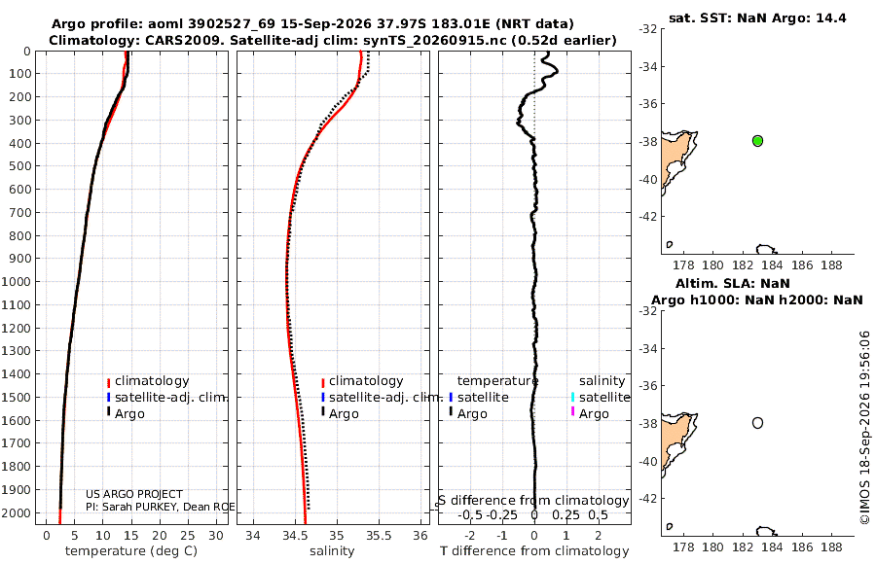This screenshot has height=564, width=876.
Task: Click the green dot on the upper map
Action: click(x=757, y=141)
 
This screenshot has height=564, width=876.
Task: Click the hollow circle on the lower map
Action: click(x=757, y=423)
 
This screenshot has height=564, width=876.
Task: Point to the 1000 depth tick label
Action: click(x=16, y=281)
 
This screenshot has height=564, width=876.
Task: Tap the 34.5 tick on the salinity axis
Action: click(x=294, y=536)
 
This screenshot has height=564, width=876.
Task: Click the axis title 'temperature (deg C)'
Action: click(x=131, y=551)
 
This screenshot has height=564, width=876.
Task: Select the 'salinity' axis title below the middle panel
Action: click(x=332, y=551)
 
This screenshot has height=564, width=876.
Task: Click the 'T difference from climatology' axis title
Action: click(x=534, y=551)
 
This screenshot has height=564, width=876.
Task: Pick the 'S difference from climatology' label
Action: click(x=533, y=501)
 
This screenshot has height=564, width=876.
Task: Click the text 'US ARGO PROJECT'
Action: click(x=134, y=494)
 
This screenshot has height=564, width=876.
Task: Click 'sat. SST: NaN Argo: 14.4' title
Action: click(x=757, y=18)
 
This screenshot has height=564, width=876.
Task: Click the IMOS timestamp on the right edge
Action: click(x=865, y=428)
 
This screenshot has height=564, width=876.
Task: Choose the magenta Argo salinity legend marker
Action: click(x=572, y=411)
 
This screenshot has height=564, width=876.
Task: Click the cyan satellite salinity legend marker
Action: click(x=572, y=397)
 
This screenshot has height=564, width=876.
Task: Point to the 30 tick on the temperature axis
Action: click(x=216, y=536)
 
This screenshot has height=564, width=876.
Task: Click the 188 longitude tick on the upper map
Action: click(x=832, y=265)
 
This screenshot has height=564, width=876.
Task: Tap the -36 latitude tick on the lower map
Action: click(x=648, y=386)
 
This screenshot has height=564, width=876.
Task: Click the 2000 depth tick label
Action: click(x=16, y=512)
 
